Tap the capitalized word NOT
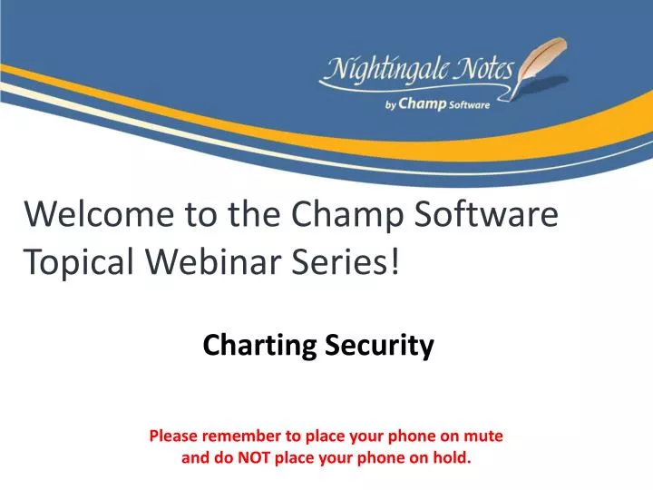pos(254,458)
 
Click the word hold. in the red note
pos(453,458)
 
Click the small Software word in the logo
pos(469,105)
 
